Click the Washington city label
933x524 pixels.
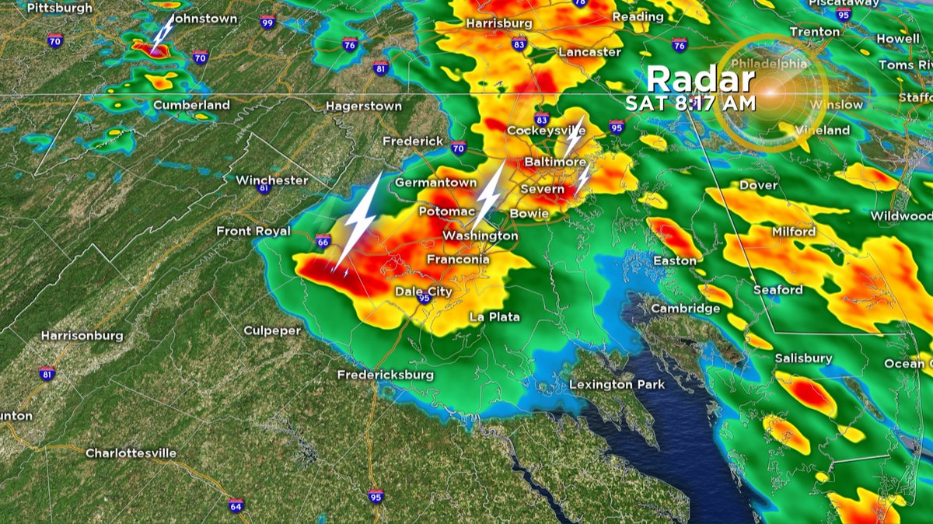pyautogui.click(x=480, y=236)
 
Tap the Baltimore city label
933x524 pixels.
pyautogui.click(x=554, y=162)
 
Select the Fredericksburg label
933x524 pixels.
pyautogui.click(x=385, y=375)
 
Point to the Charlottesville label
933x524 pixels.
pyautogui.click(x=131, y=452)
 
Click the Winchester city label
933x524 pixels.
pyautogui.click(x=272, y=180)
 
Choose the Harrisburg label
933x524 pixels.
pyautogui.click(x=499, y=23)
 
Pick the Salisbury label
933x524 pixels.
pyautogui.click(x=803, y=358)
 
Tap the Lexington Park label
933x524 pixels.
pyautogui.click(x=617, y=384)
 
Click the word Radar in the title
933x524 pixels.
pyautogui.click(x=701, y=79)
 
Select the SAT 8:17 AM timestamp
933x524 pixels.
pyautogui.click(x=691, y=102)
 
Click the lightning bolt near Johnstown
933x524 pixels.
pyautogui.click(x=162, y=33)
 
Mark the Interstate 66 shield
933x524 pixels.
pyautogui.click(x=323, y=241)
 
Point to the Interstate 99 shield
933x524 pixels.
pyautogui.click(x=267, y=23)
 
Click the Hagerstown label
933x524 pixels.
pyautogui.click(x=363, y=106)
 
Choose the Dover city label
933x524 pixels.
pyautogui.click(x=758, y=185)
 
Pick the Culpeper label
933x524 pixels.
pyautogui.click(x=272, y=330)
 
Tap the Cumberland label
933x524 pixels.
pyautogui.click(x=191, y=105)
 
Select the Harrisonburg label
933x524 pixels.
pyautogui.click(x=82, y=336)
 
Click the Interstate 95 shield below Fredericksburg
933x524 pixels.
pyautogui.click(x=376, y=495)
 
